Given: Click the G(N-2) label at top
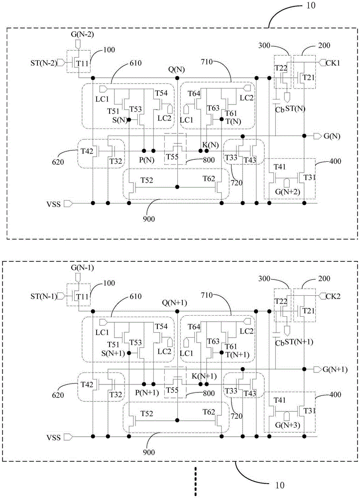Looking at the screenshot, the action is (82, 34).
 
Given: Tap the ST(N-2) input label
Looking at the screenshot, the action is (43, 63).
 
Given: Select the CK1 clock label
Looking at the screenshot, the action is (333, 63).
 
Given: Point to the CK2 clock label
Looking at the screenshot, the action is (333, 296).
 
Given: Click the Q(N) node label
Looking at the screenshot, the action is (176, 70).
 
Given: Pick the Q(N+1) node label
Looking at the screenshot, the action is (175, 303).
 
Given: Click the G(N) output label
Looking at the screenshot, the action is (332, 136).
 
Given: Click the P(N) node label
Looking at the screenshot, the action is (146, 160).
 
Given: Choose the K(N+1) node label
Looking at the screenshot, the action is (204, 376).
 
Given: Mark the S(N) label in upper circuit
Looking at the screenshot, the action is (120, 121).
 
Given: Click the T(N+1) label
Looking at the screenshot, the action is (237, 355).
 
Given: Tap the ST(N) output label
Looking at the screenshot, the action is (295, 109).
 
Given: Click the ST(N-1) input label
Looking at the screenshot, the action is (43, 296).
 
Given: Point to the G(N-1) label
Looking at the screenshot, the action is (82, 268).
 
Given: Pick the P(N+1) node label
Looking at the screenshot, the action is (147, 393).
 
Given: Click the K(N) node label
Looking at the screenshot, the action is (211, 145).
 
